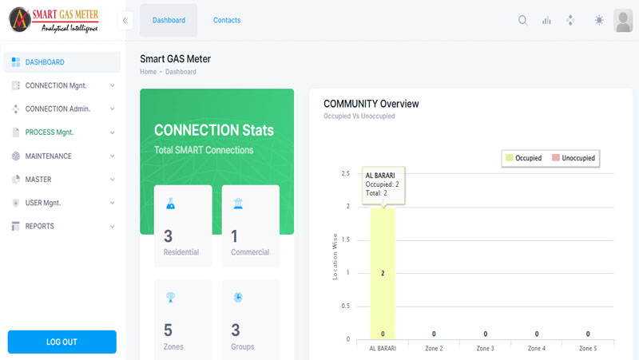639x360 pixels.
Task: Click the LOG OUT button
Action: [x=62, y=342]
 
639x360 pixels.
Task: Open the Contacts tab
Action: [x=227, y=20]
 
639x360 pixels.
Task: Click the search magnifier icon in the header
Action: [x=523, y=21]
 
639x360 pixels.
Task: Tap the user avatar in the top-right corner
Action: [x=623, y=21]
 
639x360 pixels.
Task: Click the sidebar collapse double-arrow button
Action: [x=125, y=21]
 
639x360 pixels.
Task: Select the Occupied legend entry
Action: [x=524, y=158]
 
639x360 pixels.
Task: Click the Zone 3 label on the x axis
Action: [x=485, y=349]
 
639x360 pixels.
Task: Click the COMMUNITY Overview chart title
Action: [x=371, y=104]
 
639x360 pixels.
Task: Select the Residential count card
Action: [x=183, y=226]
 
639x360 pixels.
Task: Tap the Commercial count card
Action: [x=250, y=226]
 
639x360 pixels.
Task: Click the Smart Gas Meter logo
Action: [x=54, y=19]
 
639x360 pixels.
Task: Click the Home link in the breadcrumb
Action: [x=149, y=72]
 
